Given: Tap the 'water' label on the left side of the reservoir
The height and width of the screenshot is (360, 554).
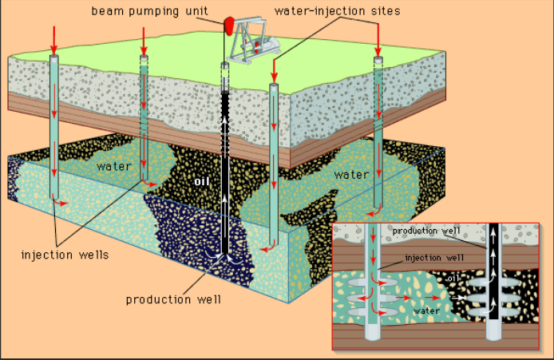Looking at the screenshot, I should click(113, 167).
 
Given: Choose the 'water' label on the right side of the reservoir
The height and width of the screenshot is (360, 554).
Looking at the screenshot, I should click(350, 174).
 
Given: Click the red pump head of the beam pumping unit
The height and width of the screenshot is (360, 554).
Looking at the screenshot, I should click(231, 25).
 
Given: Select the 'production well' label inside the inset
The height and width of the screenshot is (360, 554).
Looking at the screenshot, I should click(426, 231).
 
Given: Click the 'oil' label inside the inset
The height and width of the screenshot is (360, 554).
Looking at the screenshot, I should click(453, 277).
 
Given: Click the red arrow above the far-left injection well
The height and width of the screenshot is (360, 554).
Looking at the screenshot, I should click(53, 37).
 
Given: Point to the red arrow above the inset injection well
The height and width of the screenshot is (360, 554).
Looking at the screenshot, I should click(374, 235).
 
